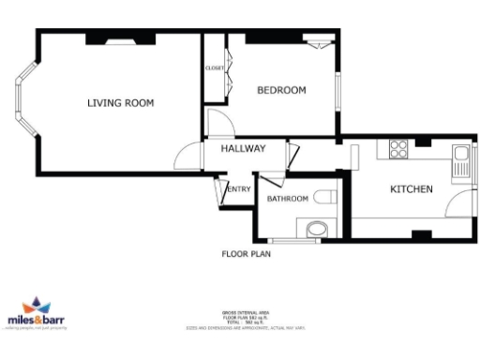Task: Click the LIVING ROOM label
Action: (120, 102)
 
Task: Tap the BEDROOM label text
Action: (282, 90)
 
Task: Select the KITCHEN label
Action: (411, 189)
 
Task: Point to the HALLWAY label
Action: (243, 148)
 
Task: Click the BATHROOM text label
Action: (287, 199)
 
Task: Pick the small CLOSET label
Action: (215, 68)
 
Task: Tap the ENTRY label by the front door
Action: (240, 190)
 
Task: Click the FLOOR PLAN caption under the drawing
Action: (247, 253)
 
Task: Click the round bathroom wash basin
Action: (316, 228)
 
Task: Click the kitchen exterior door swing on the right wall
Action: (460, 205)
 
